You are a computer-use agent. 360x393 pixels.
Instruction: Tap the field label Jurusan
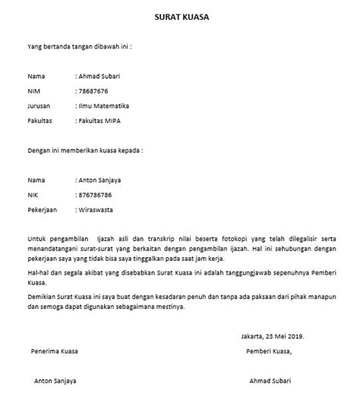[39, 106]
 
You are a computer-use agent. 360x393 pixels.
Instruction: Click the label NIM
[34, 92]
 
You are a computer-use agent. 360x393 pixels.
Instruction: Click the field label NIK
[33, 193]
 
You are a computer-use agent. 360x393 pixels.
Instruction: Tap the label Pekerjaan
[43, 208]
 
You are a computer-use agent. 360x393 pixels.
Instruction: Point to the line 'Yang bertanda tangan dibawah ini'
[80, 46]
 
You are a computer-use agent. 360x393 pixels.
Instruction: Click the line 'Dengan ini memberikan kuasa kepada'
[85, 149]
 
